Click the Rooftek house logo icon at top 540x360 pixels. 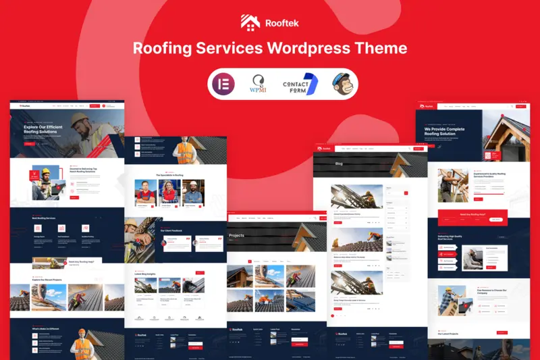click(x=250, y=22)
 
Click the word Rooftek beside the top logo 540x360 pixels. click(x=281, y=23)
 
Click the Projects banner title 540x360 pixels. click(x=237, y=235)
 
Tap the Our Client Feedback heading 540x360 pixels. click(x=173, y=230)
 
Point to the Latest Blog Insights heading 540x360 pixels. click(x=146, y=273)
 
